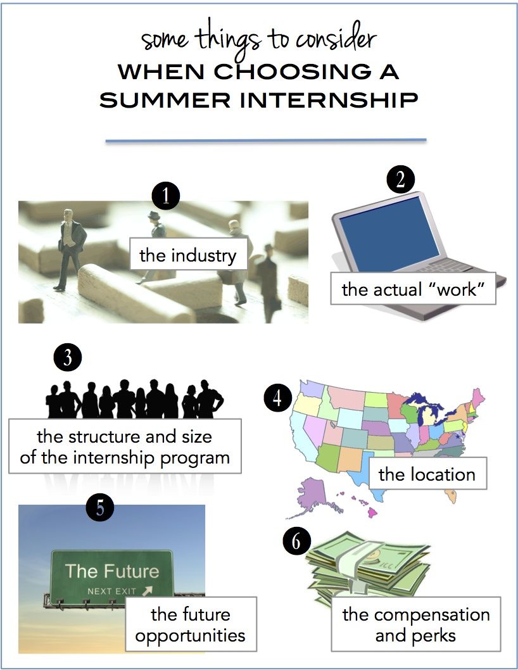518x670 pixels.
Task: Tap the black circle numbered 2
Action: pyautogui.click(x=400, y=180)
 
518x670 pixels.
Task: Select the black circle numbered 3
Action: pyautogui.click(x=68, y=358)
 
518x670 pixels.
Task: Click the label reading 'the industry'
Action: pyautogui.click(x=187, y=256)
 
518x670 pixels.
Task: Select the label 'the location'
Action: pyautogui.click(x=426, y=474)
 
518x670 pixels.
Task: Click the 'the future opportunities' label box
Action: pyautogui.click(x=190, y=624)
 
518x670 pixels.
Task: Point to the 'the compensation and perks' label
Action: pyautogui.click(x=415, y=624)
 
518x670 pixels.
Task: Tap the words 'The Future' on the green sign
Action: pyautogui.click(x=112, y=571)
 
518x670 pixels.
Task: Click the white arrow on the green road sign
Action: pyautogui.click(x=148, y=590)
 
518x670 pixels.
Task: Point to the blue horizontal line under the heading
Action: pyautogui.click(x=265, y=141)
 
